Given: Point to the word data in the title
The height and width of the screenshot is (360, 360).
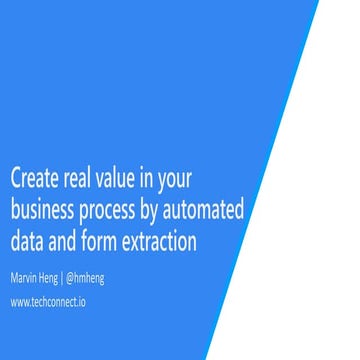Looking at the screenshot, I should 27,241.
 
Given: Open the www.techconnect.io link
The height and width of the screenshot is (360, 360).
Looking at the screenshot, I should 47,302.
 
